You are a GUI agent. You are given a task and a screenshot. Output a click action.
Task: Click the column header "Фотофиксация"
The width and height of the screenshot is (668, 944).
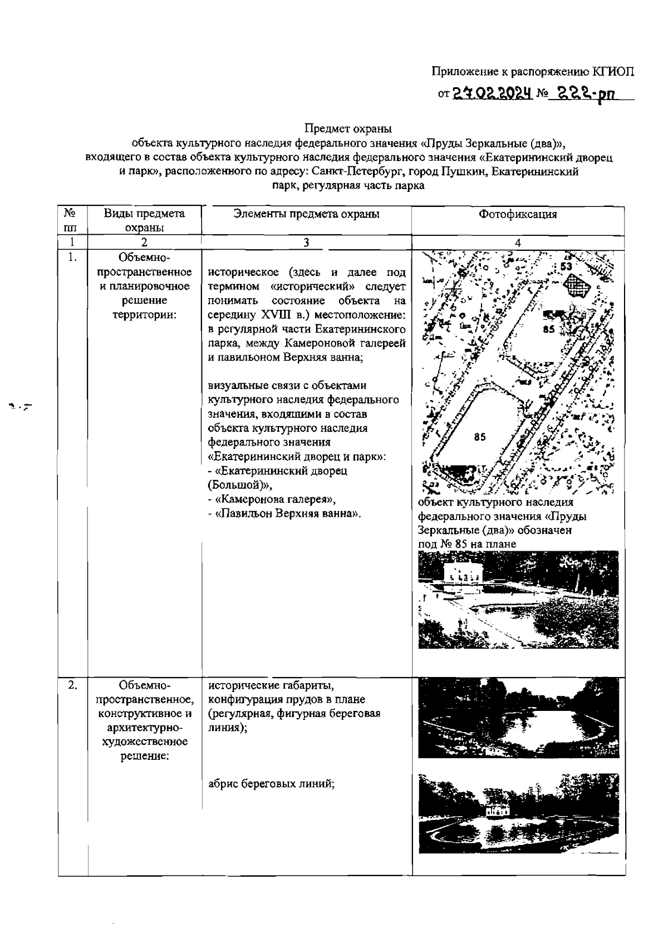[x=517, y=214]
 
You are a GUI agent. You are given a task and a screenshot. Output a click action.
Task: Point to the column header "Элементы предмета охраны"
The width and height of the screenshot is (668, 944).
[x=306, y=214]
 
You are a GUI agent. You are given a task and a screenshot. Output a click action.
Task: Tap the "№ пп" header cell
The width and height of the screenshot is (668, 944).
[x=70, y=220]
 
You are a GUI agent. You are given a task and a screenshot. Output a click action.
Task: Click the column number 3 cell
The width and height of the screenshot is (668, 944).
[x=306, y=243]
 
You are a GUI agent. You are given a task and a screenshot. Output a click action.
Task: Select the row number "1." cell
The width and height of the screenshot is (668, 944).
[x=72, y=258]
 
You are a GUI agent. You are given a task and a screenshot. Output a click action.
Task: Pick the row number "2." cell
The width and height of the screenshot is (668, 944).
[x=72, y=685]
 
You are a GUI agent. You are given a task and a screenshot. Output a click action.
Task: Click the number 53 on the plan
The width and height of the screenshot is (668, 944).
[x=566, y=266]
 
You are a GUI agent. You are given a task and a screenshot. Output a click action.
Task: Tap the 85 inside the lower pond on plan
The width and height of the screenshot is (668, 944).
[x=479, y=437]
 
